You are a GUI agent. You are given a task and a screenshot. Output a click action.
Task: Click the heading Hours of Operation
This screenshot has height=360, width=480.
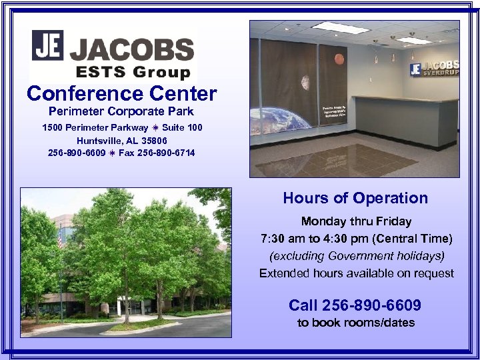point(355,198)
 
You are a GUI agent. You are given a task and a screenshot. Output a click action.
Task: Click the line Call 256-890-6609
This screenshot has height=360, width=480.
point(355,305)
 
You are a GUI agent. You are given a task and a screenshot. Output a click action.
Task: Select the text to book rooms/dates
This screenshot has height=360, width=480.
point(355,323)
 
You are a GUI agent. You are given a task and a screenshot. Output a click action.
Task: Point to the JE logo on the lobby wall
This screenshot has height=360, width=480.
point(415,69)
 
